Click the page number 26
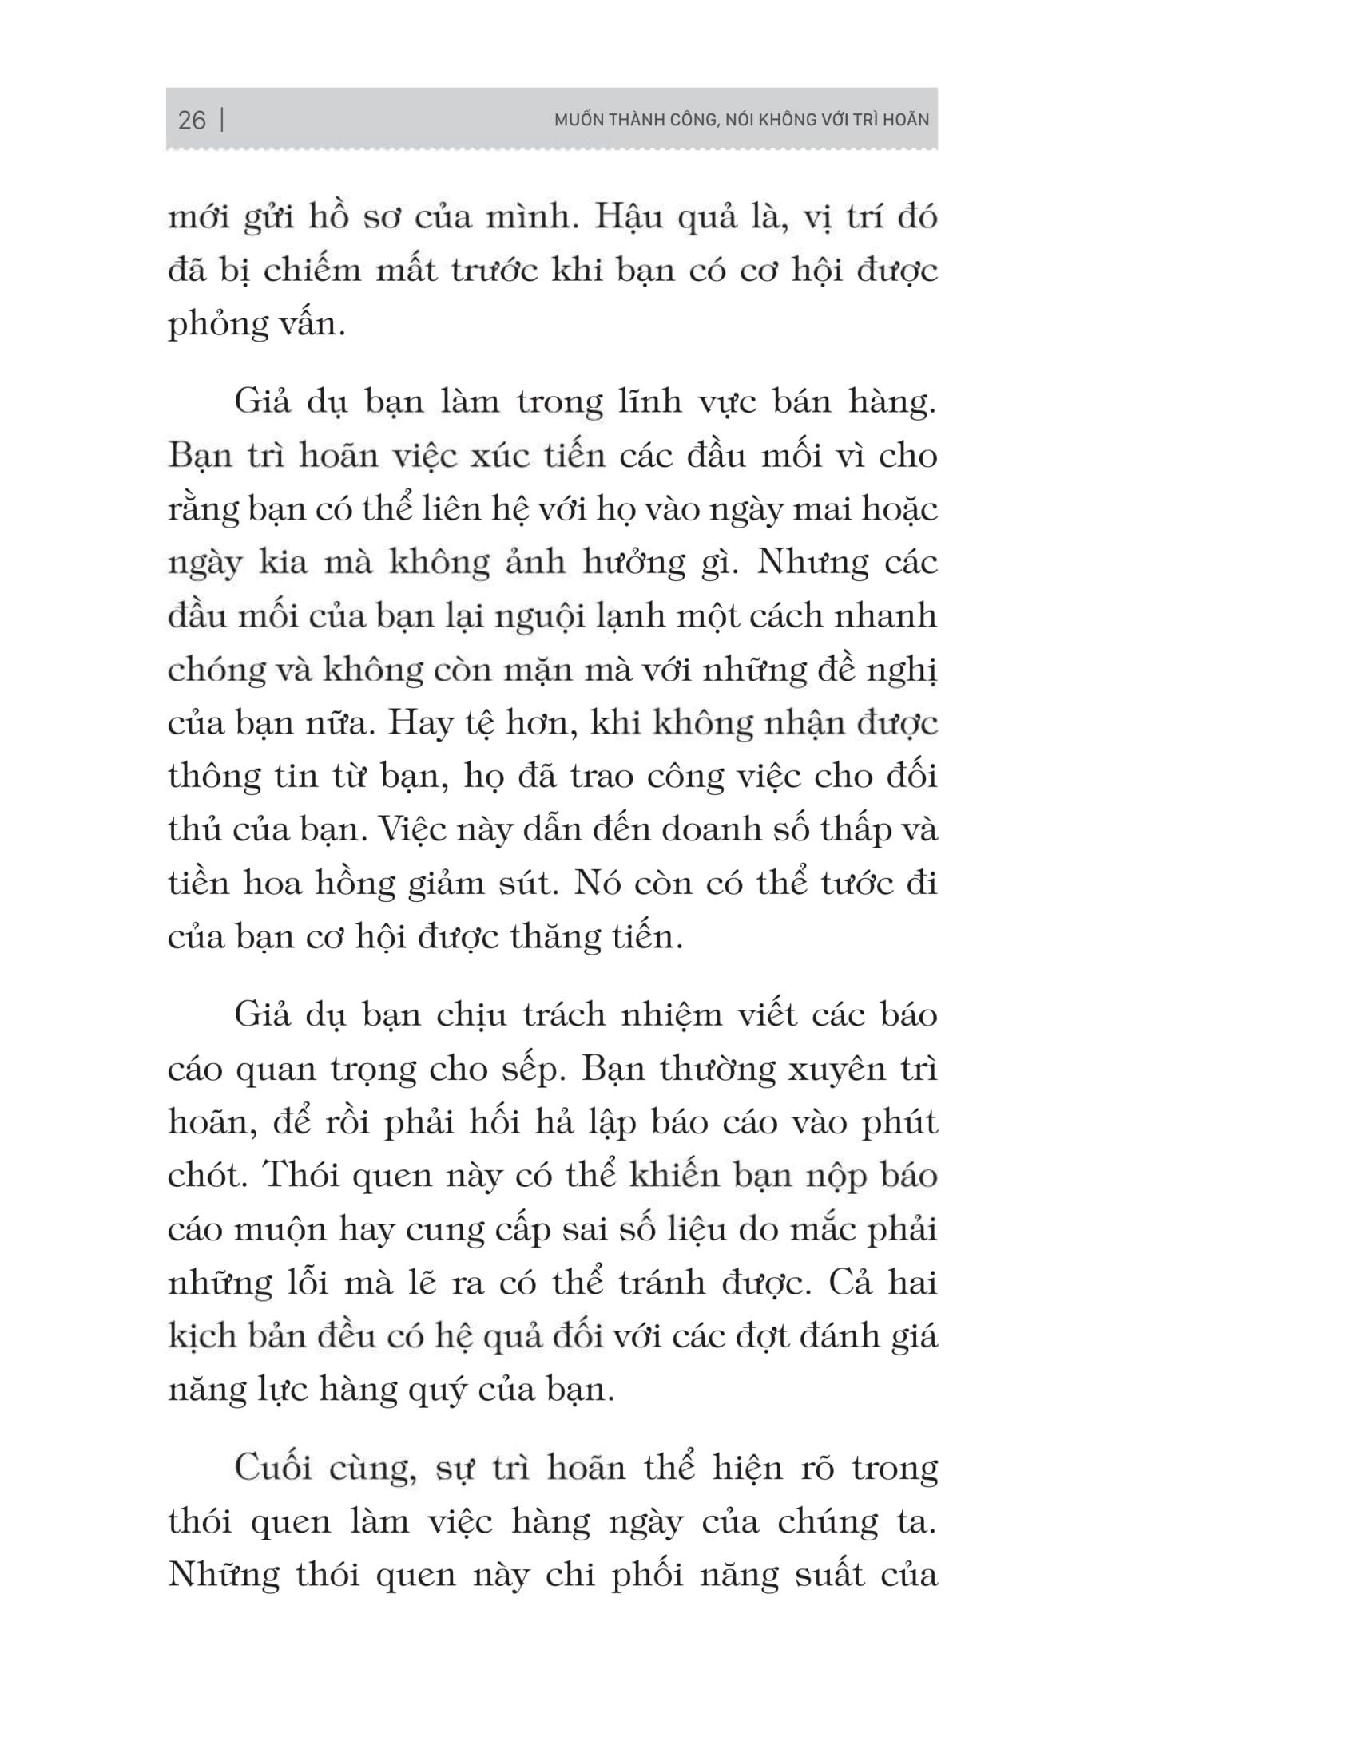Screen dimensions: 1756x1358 click(192, 121)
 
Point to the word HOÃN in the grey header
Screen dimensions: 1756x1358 click(904, 121)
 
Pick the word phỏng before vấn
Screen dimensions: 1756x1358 click(215, 325)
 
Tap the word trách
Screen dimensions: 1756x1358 click(562, 1015)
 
